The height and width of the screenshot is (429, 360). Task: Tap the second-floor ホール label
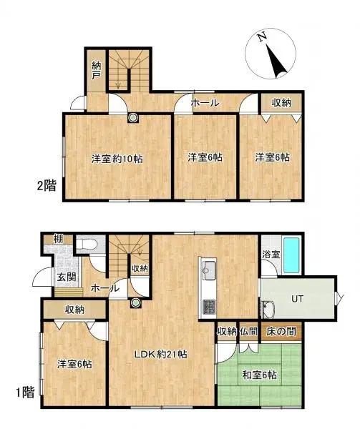[204, 104]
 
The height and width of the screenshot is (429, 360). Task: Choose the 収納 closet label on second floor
[281, 103]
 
